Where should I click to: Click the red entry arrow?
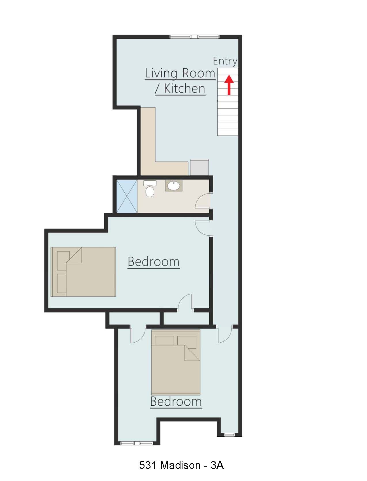(229, 85)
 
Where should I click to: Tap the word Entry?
(225, 61)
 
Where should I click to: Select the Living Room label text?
(180, 73)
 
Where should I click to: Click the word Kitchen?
(185, 89)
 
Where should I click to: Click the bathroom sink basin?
(174, 186)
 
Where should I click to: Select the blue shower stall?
(127, 196)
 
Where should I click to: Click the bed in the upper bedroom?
(83, 272)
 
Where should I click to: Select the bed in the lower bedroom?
(176, 362)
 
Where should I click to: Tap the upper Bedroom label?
(153, 262)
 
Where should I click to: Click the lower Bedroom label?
(176, 402)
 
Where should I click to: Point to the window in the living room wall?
(195, 37)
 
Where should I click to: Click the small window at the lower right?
(229, 434)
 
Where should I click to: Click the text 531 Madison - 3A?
(181, 465)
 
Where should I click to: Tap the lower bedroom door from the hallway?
(225, 335)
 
